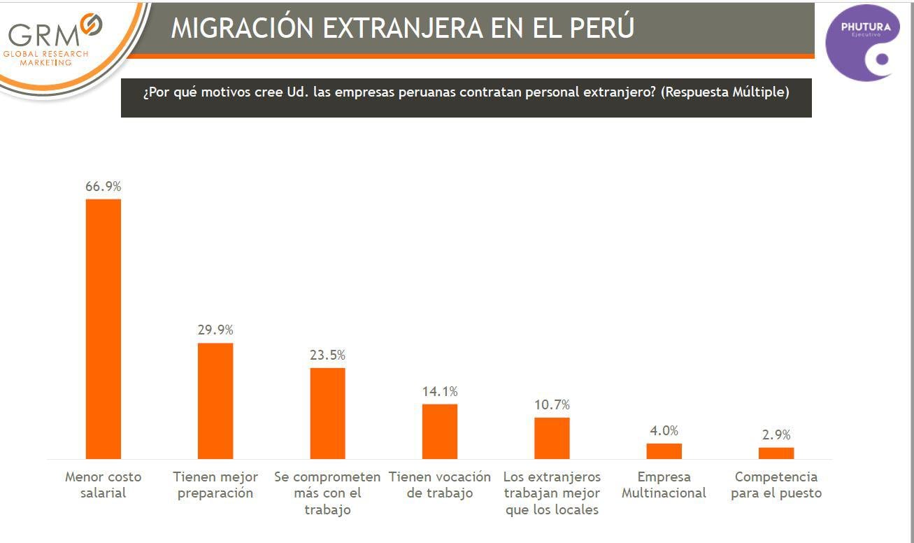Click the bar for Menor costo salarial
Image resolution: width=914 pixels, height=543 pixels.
click(x=103, y=329)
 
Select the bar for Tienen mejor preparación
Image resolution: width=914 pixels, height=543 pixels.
click(x=215, y=400)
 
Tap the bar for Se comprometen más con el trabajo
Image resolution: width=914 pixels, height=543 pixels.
click(x=327, y=413)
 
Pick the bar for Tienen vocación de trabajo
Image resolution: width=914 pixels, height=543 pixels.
click(x=440, y=431)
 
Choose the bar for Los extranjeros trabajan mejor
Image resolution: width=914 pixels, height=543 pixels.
click(x=552, y=438)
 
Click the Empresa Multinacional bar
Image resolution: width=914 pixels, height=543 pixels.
click(x=664, y=451)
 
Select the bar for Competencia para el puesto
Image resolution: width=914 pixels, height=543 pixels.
click(x=776, y=453)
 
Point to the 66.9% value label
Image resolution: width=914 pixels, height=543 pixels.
click(x=103, y=187)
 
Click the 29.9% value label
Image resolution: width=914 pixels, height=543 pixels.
click(x=215, y=330)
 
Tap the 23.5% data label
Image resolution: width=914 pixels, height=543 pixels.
click(x=327, y=355)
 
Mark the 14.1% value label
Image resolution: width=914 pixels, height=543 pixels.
click(x=440, y=391)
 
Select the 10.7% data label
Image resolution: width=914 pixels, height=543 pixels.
click(x=552, y=404)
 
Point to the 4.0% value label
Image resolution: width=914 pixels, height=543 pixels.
click(x=664, y=430)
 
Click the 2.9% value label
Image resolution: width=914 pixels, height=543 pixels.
click(x=776, y=435)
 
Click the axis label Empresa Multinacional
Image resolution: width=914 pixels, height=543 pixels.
click(x=664, y=485)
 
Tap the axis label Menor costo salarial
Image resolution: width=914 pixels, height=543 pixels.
click(x=103, y=485)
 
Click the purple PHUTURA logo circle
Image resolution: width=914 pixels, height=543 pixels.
click(x=863, y=42)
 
